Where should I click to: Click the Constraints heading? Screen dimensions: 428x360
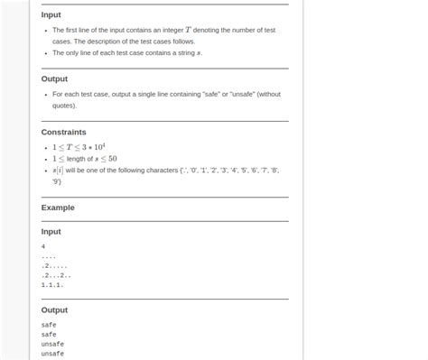point(63,132)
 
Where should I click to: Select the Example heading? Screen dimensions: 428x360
point(58,208)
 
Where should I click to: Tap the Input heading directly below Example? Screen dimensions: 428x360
point(51,232)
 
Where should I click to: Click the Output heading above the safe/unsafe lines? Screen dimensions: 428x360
point(54,309)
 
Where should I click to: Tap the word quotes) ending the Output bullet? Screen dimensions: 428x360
point(64,105)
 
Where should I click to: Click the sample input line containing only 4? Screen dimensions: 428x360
point(43,246)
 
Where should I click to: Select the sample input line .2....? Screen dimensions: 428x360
point(54,265)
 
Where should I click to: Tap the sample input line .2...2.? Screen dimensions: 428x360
point(56,275)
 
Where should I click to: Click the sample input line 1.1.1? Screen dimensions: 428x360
point(52,285)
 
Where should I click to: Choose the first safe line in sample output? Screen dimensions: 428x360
point(49,325)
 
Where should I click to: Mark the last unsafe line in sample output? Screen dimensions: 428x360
point(52,354)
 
